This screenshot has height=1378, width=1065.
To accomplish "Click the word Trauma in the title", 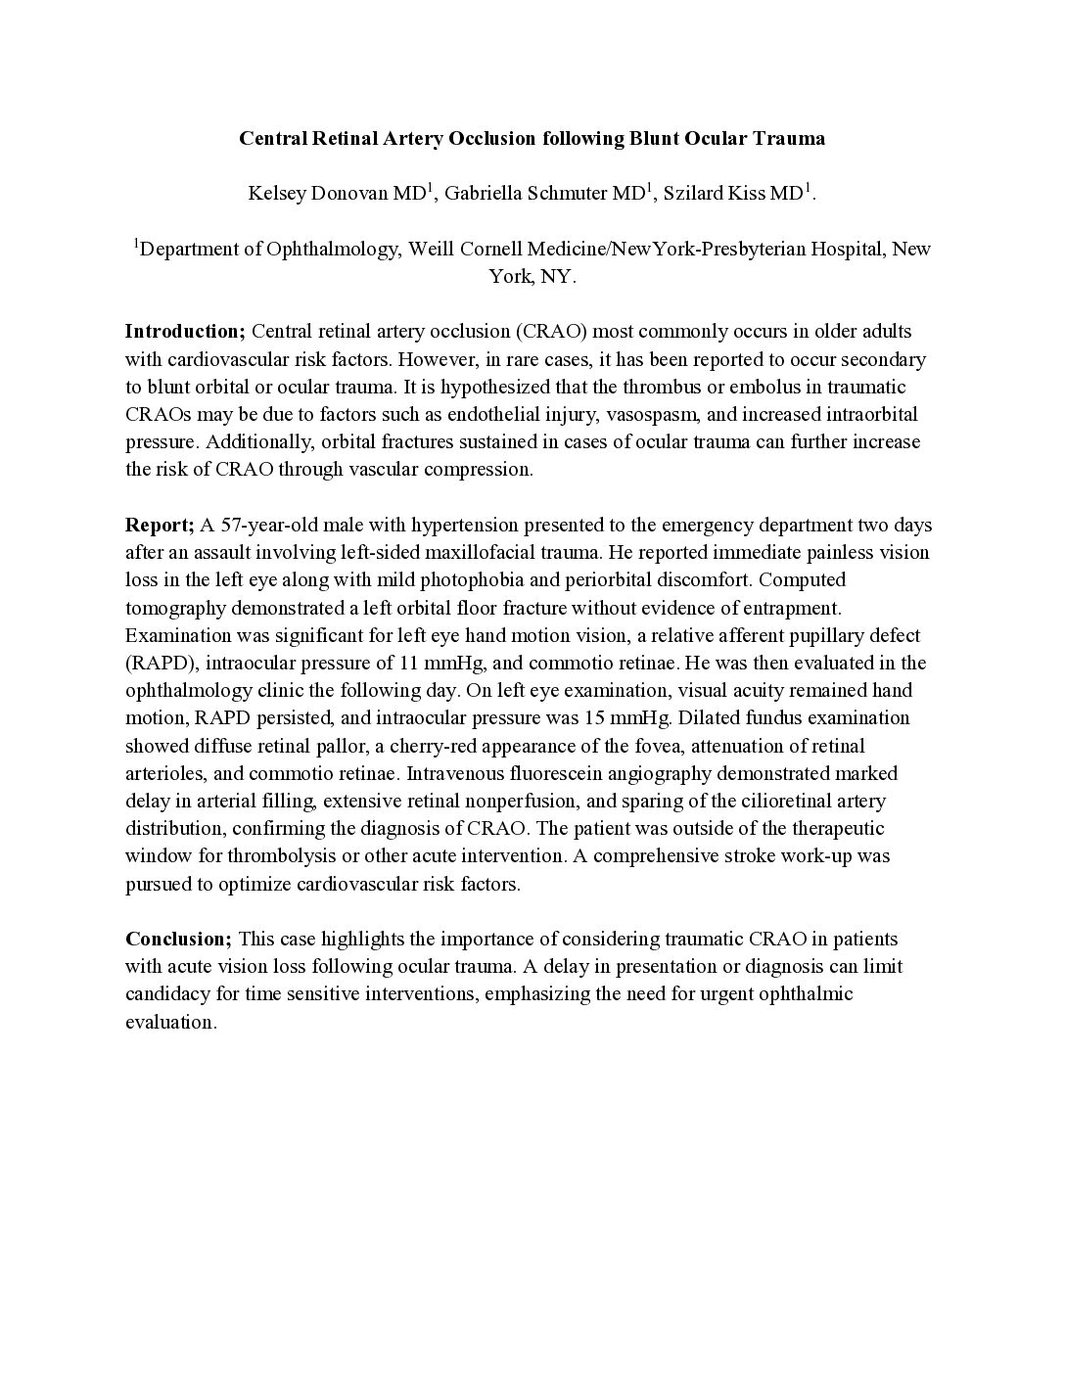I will (x=789, y=138).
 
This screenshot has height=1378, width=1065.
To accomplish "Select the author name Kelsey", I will (x=277, y=193).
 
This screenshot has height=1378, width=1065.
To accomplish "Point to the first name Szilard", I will (x=694, y=193).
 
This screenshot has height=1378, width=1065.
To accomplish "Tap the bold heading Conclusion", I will (x=178, y=939).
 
